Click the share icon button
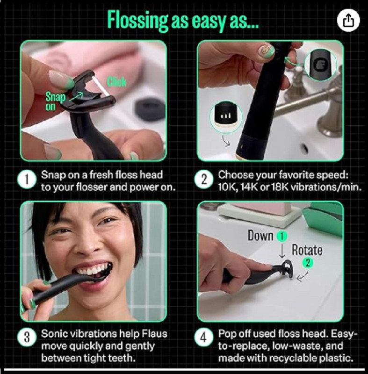pyautogui.click(x=348, y=21)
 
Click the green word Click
pyautogui.click(x=116, y=82)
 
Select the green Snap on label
pyautogui.click(x=55, y=101)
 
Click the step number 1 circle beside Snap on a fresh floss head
pyautogui.click(x=27, y=180)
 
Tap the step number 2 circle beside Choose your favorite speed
pyautogui.click(x=203, y=180)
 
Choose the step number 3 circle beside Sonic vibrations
pyautogui.click(x=27, y=338)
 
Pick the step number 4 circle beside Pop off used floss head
pyautogui.click(x=203, y=338)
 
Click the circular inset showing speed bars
pyautogui.click(x=226, y=117)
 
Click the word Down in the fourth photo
pyautogui.click(x=260, y=236)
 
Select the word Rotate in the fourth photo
pyautogui.click(x=307, y=250)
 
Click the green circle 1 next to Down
pyautogui.click(x=281, y=237)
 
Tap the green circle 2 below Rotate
pyautogui.click(x=308, y=263)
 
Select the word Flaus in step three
pyautogui.click(x=155, y=333)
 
